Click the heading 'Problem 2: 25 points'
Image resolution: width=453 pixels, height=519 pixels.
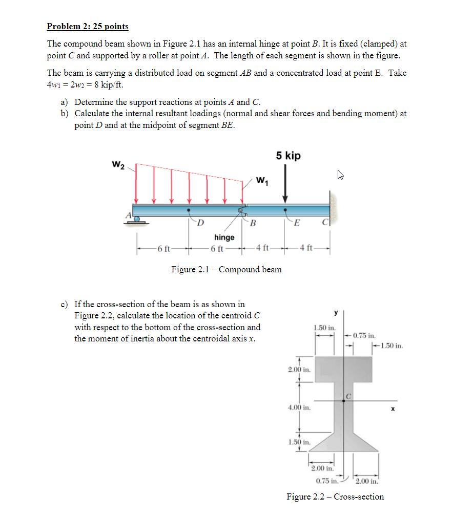tap(88, 26)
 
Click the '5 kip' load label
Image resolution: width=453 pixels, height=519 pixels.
tap(289, 156)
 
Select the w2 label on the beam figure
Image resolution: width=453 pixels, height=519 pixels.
tap(118, 165)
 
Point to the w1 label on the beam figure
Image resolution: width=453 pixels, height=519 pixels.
tap(261, 181)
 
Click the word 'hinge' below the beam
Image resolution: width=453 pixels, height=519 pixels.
tap(224, 237)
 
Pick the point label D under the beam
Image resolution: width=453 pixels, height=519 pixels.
tap(201, 223)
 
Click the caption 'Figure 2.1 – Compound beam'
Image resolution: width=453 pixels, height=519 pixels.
tap(226, 269)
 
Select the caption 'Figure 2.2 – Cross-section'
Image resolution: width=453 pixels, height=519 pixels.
tap(335, 496)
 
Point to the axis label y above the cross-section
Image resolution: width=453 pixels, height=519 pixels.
tap(336, 312)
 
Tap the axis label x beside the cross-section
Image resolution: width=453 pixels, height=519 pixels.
tap(393, 409)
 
